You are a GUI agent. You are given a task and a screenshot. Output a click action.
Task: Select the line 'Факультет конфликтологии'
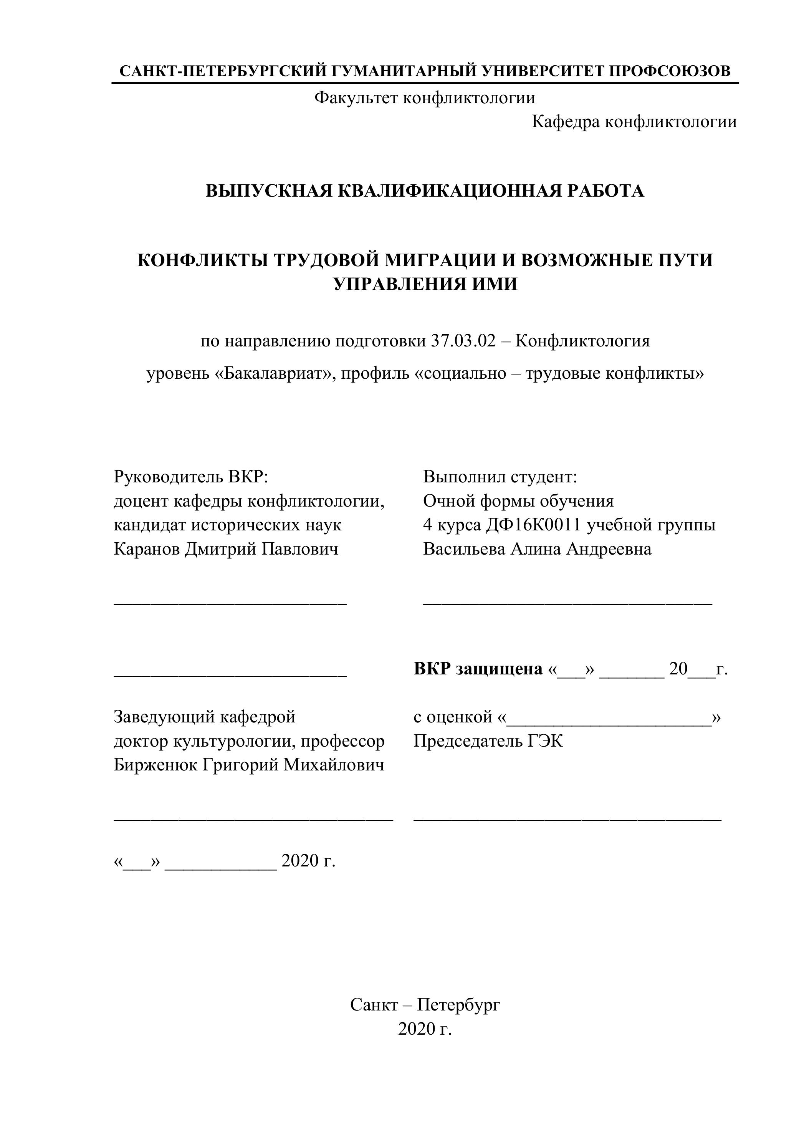424,98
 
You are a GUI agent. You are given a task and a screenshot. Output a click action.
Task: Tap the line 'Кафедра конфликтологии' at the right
634,121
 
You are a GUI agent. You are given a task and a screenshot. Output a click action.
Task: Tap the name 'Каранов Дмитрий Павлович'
226,549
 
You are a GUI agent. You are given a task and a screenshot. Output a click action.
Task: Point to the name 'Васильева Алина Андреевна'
537,549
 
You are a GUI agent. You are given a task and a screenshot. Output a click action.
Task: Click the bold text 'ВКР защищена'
478,669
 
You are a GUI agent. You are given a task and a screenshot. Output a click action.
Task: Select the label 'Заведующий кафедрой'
204,717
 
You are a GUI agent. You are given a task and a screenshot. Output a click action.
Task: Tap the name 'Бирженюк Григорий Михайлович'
248,765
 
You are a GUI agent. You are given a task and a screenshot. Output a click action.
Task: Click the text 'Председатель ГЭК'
488,741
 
